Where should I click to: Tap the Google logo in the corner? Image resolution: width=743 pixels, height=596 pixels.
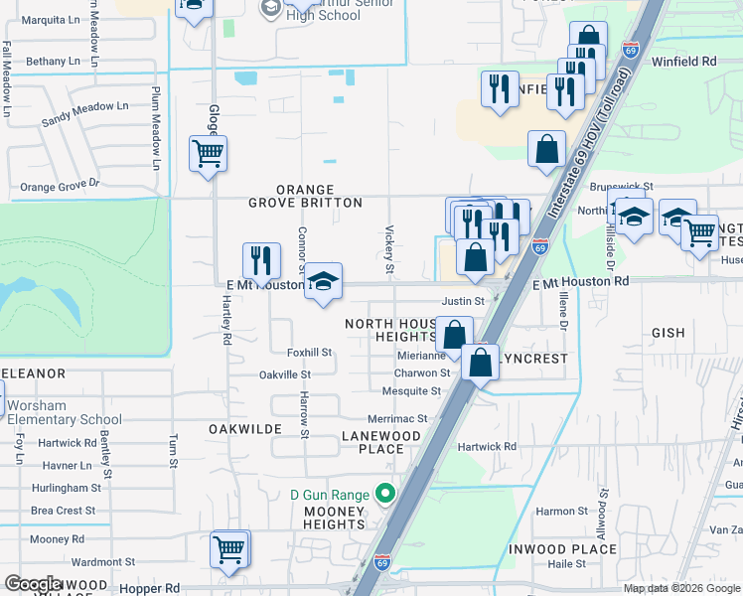point(33,583)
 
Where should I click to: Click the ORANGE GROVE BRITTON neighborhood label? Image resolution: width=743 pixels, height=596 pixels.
point(304,196)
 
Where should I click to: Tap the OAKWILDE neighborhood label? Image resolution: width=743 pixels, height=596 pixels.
point(239,428)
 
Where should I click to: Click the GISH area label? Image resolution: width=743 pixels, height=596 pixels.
point(669,333)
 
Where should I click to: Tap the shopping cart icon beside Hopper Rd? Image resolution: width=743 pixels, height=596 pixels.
point(229,549)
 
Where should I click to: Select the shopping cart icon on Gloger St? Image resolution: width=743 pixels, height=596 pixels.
point(209,154)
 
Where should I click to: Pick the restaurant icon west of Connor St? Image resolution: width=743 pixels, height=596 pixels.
point(260,261)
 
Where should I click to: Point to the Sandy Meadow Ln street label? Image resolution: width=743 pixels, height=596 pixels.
point(84,113)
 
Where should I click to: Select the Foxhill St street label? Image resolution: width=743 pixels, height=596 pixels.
point(309,353)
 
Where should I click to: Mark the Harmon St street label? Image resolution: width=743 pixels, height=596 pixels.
point(555,512)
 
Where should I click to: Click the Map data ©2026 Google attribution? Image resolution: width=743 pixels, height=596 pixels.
point(682,588)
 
